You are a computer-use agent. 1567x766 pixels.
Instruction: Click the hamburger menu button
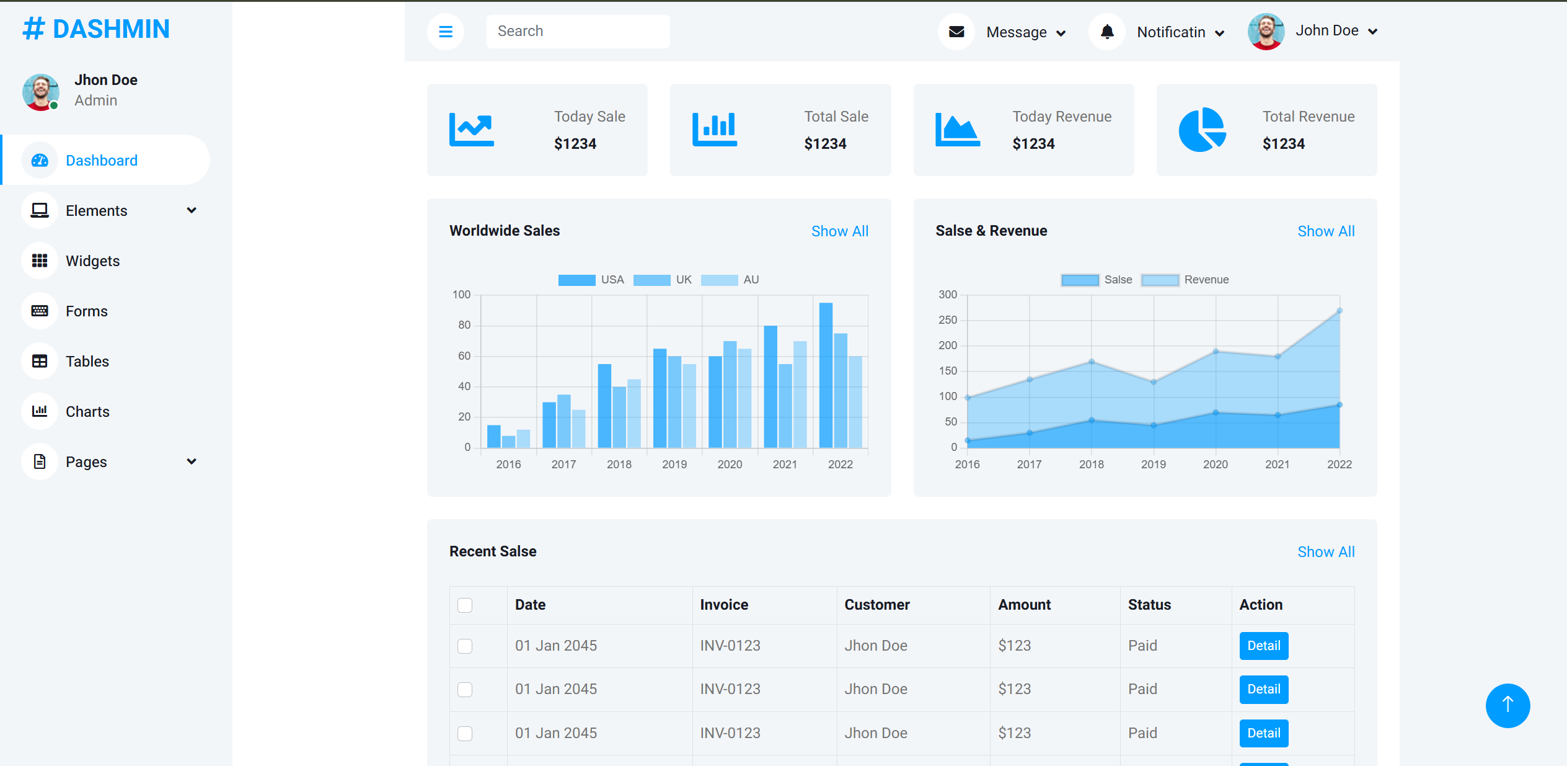[445, 31]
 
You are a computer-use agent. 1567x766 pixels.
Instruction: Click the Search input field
[578, 31]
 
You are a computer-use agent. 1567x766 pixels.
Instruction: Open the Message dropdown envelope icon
[956, 31]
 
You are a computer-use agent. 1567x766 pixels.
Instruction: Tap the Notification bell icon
[1107, 31]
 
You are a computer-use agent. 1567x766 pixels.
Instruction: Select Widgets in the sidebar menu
[93, 261]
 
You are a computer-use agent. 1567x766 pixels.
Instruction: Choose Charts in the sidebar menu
[87, 412]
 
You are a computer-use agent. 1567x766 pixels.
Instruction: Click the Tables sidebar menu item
[87, 362]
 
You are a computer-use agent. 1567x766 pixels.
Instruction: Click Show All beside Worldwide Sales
[840, 231]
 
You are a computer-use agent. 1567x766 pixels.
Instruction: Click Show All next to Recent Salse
[1326, 552]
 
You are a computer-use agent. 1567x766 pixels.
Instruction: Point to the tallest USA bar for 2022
[826, 375]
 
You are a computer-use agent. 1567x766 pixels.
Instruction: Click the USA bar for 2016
[494, 436]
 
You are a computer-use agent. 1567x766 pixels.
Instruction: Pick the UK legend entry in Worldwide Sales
[663, 280]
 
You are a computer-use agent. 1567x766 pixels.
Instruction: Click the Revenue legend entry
[1185, 280]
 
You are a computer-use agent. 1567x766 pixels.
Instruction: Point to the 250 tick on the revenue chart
[948, 320]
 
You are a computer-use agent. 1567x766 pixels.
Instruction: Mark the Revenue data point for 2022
[1340, 311]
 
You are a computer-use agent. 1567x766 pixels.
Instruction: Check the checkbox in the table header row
[465, 605]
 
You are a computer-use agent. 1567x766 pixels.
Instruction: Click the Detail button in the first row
[1264, 646]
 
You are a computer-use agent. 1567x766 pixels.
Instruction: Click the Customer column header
[877, 605]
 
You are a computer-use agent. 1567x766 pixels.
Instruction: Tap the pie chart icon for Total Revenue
[1202, 130]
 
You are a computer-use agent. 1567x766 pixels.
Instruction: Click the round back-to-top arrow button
[1507, 705]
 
